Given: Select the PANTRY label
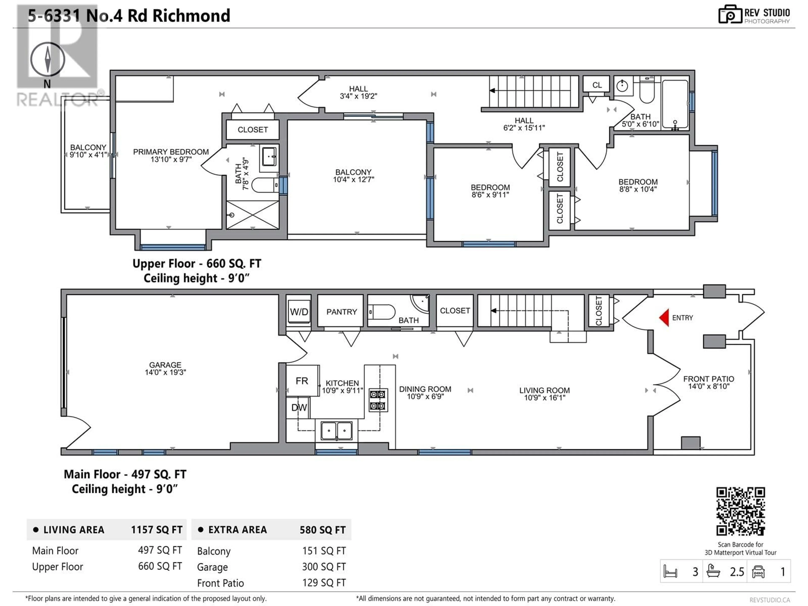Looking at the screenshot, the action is [342, 312].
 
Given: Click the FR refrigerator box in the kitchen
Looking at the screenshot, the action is [302, 381].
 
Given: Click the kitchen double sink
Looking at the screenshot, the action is [336, 431].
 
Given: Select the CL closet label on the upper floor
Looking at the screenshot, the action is [597, 85].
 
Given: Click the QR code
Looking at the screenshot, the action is [740, 511].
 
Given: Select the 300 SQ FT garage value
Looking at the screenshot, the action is [324, 567].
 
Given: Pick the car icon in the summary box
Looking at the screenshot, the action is [758, 572].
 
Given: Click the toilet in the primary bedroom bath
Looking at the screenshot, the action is [265, 185].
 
